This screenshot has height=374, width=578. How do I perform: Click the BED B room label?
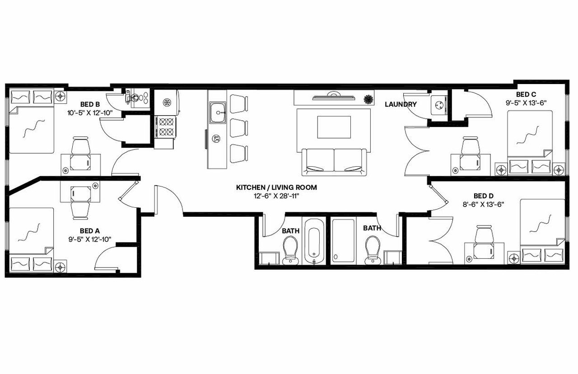click(90, 103)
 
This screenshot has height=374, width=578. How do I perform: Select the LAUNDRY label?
click(401, 104)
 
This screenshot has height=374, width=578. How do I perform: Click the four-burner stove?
click(165, 126)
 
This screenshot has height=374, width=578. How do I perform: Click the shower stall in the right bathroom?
click(343, 241)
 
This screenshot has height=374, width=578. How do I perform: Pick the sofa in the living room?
click(334, 162)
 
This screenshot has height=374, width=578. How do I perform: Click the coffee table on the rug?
click(334, 127)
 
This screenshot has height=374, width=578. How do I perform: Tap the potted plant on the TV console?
click(369, 98)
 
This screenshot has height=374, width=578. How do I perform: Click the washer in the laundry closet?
click(437, 105)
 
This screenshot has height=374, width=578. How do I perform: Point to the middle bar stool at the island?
click(239, 127)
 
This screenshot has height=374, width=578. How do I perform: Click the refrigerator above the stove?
click(168, 102)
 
